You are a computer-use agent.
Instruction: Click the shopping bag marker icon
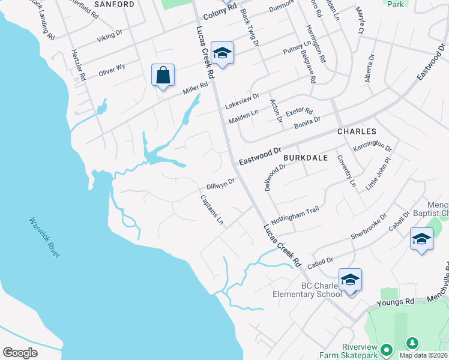(163, 76)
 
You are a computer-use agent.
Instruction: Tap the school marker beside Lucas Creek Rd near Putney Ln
(222, 54)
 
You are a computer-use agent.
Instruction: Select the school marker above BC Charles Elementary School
(350, 280)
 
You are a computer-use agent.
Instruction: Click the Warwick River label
(45, 238)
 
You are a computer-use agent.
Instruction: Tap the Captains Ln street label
(211, 211)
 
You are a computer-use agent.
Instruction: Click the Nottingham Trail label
(295, 214)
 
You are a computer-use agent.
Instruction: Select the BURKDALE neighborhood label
(306, 157)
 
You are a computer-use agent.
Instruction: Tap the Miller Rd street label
(195, 89)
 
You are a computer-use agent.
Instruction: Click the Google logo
(20, 353)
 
